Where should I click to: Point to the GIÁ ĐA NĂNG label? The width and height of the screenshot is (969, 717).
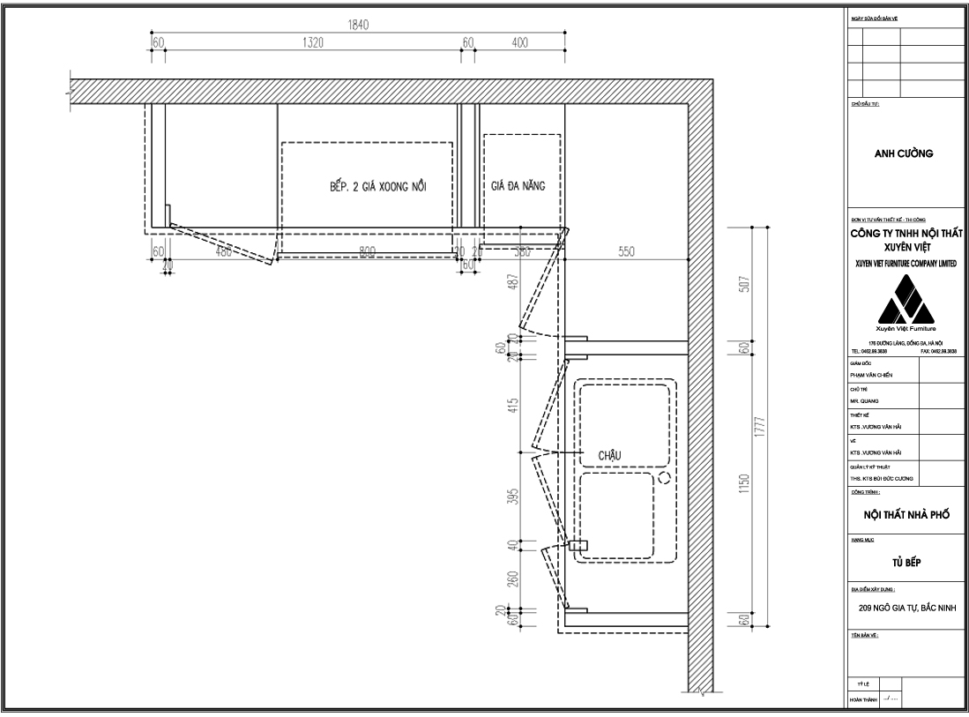point(518,186)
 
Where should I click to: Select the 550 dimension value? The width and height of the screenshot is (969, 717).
point(626,252)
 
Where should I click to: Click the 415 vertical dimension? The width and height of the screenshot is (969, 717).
point(512,406)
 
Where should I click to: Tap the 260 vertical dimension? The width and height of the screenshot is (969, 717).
point(512,579)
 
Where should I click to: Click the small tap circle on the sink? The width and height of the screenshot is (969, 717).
point(663,477)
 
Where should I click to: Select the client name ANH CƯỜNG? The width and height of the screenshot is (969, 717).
point(904,153)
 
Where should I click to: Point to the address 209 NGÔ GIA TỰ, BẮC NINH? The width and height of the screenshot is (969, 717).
point(906,608)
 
